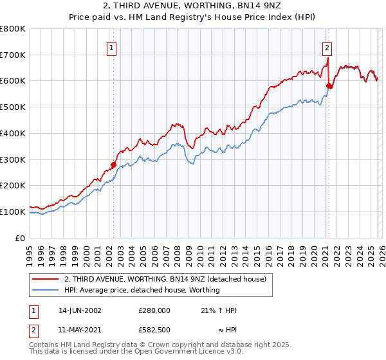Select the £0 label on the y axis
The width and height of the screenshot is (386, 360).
coord(21,238)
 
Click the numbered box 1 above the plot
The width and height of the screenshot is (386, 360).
coord(112,48)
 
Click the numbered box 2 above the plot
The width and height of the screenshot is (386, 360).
coord(327,48)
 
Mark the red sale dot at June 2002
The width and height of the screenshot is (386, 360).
coord(114,165)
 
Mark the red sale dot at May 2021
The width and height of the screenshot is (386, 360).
coord(329,85)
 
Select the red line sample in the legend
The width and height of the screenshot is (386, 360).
coord(46,279)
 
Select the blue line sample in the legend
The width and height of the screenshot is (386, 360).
coord(46,290)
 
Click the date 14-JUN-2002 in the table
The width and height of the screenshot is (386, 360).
coord(80,310)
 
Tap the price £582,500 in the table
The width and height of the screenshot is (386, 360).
coord(154,328)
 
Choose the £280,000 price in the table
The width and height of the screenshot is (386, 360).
coord(154,310)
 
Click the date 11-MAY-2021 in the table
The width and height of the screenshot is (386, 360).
coord(80,328)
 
